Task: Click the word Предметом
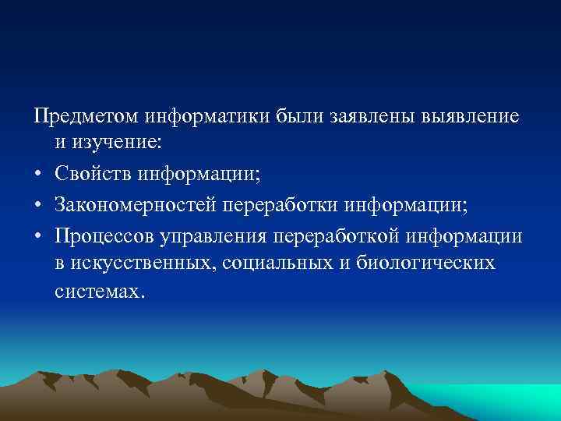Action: (86, 117)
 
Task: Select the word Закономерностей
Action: (136, 204)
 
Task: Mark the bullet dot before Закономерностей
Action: (38, 204)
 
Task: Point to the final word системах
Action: (99, 291)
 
